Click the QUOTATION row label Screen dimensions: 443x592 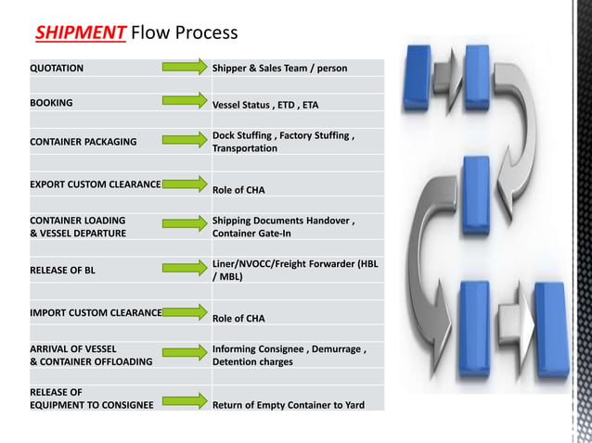pyautogui.click(x=57, y=68)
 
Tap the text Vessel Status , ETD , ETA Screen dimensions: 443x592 pyautogui.click(x=265, y=105)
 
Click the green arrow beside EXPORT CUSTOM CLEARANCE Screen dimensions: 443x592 pyautogui.click(x=185, y=183)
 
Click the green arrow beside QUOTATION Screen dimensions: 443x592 pyautogui.click(x=185, y=66)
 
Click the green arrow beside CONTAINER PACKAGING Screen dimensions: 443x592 pyautogui.click(x=185, y=140)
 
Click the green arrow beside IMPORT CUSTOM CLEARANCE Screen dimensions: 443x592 pyautogui.click(x=185, y=310)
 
